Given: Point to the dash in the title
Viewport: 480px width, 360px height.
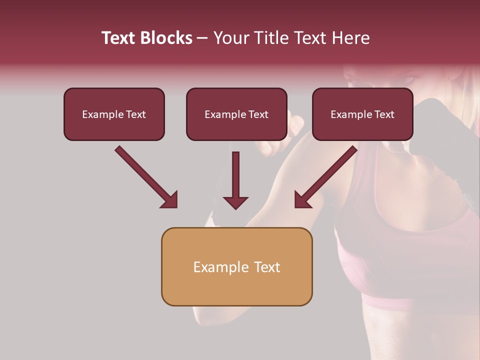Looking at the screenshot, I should tap(202, 38).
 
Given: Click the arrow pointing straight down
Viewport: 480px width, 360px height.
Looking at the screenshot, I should tap(235, 180).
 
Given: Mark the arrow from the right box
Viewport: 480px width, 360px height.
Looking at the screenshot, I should tap(325, 177).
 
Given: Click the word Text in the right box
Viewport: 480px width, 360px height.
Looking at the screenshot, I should tap(383, 114).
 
